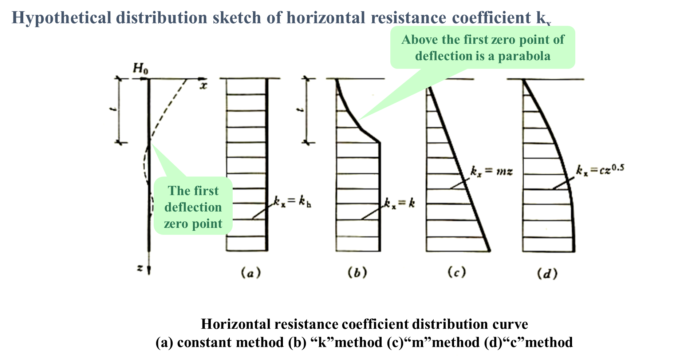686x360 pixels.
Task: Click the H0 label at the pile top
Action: pyautogui.click(x=141, y=68)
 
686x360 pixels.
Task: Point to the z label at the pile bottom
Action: pyautogui.click(x=140, y=268)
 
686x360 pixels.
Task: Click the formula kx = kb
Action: pyautogui.click(x=292, y=201)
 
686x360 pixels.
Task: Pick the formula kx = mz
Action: pyautogui.click(x=492, y=171)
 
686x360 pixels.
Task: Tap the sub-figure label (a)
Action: pyautogui.click(x=251, y=272)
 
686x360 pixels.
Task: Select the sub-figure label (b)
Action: pyautogui.click(x=357, y=272)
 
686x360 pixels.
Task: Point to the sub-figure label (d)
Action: pyautogui.click(x=547, y=273)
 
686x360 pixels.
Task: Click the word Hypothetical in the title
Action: pyautogui.click(x=61, y=17)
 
